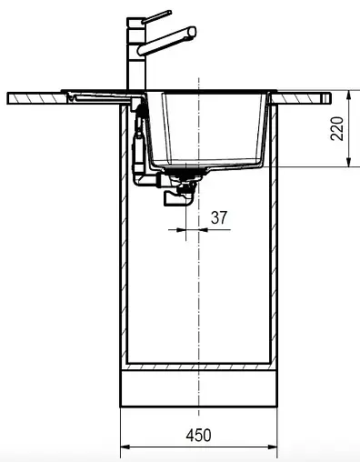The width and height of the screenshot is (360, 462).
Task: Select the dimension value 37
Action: [218, 217]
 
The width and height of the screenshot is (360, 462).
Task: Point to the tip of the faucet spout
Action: [192, 33]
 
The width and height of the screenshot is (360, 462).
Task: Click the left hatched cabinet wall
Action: [124, 236]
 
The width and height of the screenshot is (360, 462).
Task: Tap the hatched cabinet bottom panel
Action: [198, 367]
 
